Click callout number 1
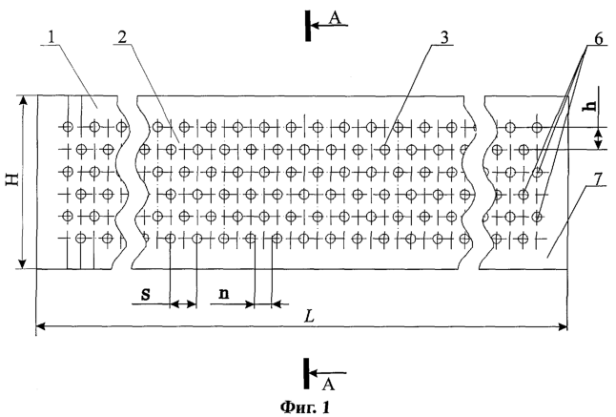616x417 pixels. pos(51,37)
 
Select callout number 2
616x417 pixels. pos(123,37)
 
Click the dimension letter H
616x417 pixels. pos(14,180)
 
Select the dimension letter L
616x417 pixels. pos(310,317)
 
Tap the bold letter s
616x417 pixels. pos(145,294)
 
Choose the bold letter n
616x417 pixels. pos(223,294)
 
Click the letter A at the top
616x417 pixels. pos(335,18)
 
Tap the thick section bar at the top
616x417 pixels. pos(308,26)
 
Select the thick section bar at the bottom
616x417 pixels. pos(307,372)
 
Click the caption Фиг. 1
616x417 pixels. pos(305,407)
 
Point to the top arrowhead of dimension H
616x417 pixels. pos(23,100)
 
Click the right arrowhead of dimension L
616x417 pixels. pos(563,325)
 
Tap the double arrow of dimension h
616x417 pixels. pos(598,138)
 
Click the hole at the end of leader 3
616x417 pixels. pos(385,150)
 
